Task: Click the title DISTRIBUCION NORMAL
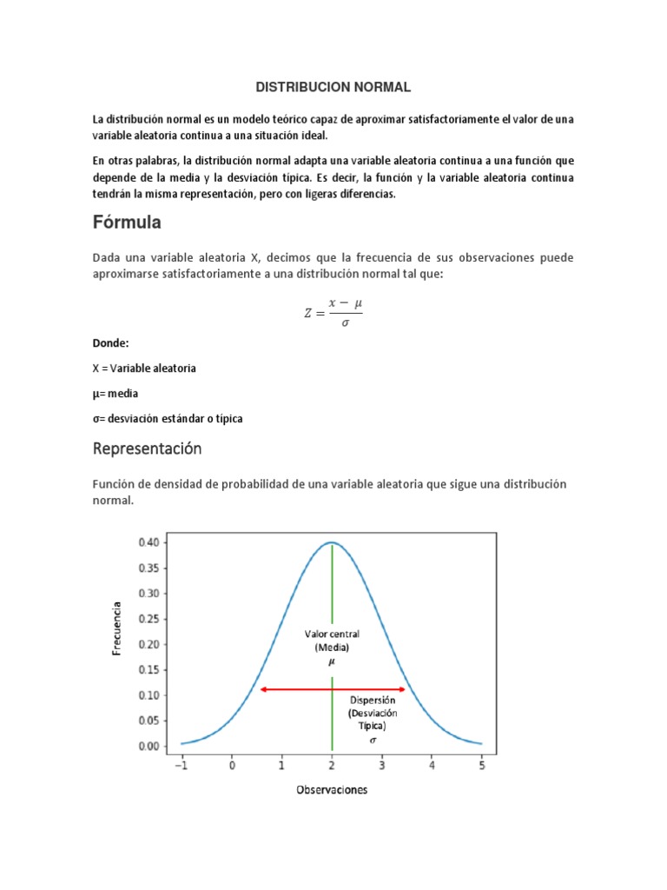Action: click(333, 88)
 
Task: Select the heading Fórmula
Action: click(127, 222)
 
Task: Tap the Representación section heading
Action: click(147, 449)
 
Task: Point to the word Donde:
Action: click(111, 343)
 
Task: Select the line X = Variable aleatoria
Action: click(144, 368)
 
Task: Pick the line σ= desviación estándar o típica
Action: click(168, 418)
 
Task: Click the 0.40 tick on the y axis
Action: click(149, 542)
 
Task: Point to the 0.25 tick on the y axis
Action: click(149, 619)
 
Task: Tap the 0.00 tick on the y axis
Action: click(149, 746)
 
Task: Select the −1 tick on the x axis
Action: click(182, 766)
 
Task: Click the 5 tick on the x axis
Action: click(482, 766)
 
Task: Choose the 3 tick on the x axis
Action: click(382, 766)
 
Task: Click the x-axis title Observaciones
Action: click(332, 789)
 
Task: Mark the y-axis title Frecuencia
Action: click(117, 628)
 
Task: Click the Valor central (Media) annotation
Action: click(332, 641)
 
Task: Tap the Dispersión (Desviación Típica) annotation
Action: click(373, 712)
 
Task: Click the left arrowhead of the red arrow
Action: click(263, 689)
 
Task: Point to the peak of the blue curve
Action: click(332, 542)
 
